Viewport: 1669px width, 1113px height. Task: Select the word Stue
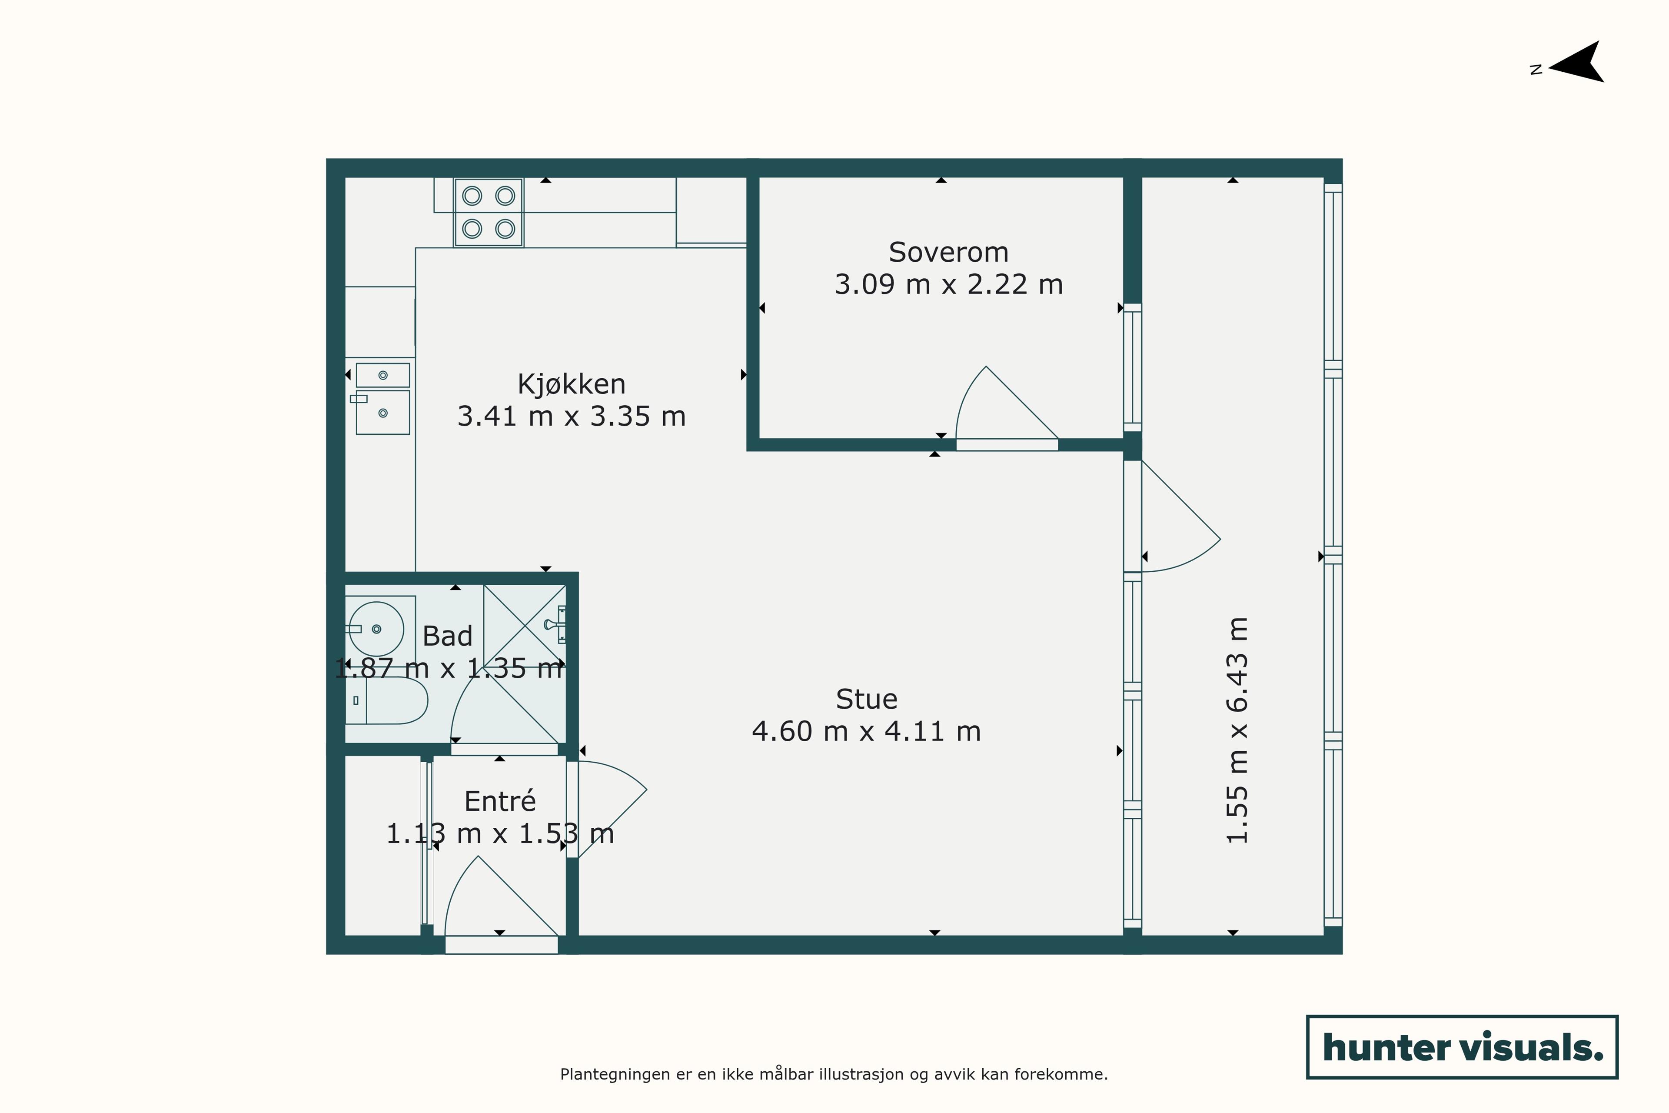(866, 699)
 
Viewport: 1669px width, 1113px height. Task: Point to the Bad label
(447, 636)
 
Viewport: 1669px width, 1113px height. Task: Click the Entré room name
(500, 801)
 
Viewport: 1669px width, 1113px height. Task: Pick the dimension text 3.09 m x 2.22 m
(949, 285)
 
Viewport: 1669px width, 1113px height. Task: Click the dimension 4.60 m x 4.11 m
(866, 731)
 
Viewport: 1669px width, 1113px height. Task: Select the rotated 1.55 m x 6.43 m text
(1237, 730)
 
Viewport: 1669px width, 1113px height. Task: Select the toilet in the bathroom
(387, 700)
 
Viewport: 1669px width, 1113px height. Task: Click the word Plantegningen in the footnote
(616, 1075)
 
